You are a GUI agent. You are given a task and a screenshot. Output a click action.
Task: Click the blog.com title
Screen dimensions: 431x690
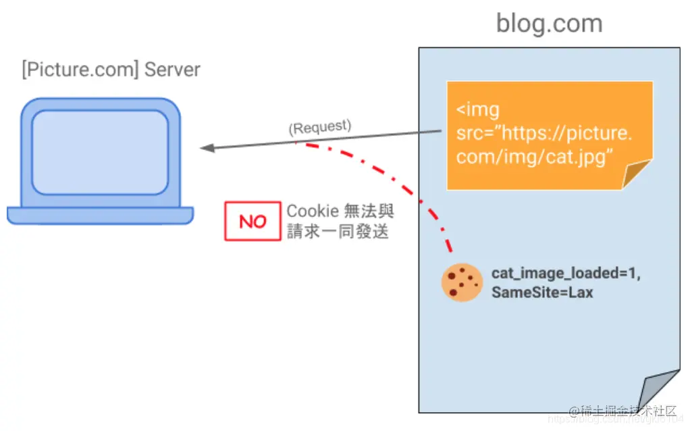tap(549, 24)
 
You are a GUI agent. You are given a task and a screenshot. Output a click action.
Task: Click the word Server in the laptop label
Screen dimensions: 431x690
tap(172, 70)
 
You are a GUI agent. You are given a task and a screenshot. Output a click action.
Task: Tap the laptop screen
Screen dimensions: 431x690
tap(100, 151)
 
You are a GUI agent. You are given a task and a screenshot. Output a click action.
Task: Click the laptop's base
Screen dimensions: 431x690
tap(100, 215)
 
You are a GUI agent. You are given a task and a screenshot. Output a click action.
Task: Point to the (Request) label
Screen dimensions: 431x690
tap(320, 127)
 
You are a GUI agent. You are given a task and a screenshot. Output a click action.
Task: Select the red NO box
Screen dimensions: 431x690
tap(253, 221)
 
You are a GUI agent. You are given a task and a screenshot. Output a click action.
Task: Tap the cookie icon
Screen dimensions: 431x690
tap(462, 282)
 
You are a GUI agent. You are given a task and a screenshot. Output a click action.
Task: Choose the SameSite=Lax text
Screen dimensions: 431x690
tap(542, 293)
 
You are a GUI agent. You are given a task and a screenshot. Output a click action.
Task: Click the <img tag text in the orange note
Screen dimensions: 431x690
tap(478, 109)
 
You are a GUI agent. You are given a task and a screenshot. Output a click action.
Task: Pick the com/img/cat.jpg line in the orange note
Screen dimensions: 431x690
tap(534, 157)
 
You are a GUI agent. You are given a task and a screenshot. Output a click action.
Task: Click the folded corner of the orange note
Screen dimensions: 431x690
tap(637, 175)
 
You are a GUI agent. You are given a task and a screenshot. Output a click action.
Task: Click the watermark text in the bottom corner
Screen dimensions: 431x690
tap(621, 412)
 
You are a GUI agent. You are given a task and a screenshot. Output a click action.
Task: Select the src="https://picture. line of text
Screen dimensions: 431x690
tap(544, 133)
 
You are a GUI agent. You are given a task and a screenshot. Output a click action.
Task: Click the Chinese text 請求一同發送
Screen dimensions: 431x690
tap(338, 231)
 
